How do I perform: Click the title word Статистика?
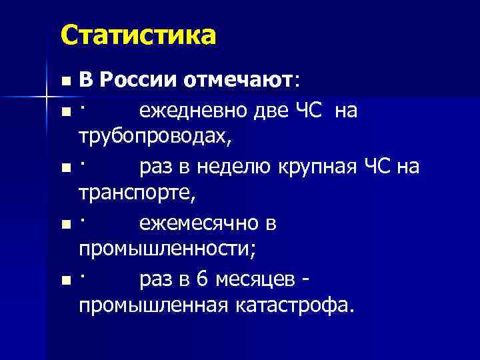(139, 35)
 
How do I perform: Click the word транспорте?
(137, 195)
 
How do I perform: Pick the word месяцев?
(254, 281)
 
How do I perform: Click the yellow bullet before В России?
(64, 81)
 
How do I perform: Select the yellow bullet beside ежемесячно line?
(64, 225)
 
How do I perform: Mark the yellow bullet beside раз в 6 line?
(64, 282)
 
